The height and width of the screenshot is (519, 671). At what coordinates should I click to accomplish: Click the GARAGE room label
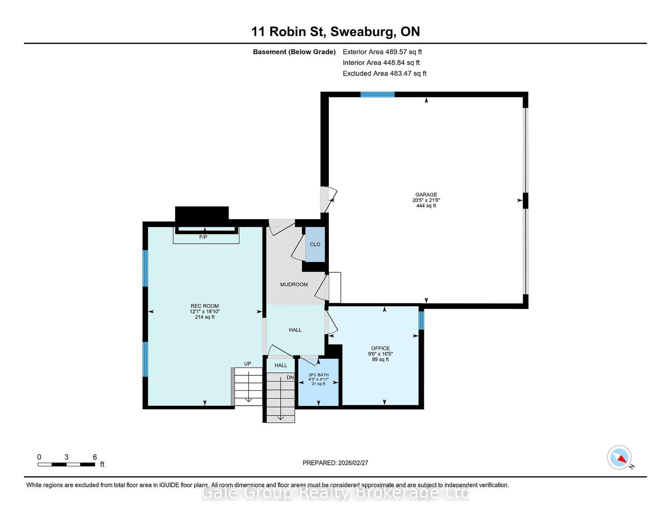pos(426,195)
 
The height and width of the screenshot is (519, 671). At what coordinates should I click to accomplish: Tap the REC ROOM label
pos(204,306)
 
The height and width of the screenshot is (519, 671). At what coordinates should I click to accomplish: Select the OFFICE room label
pos(380,348)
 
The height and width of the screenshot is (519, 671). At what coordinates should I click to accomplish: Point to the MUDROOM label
pos(294,284)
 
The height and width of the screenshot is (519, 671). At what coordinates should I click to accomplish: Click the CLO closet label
pos(315,244)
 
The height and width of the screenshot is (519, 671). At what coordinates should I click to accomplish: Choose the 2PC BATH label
pos(318,375)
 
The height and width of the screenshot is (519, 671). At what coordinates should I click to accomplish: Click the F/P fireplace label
pos(203,237)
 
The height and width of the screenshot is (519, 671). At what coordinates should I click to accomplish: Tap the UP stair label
pos(247,364)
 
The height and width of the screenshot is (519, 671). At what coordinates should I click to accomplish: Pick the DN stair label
pos(290,377)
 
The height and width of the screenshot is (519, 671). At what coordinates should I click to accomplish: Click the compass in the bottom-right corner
pos(619,457)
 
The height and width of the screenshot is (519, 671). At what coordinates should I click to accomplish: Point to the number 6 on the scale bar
pos(95,457)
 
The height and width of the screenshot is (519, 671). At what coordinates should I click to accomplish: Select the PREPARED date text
pos(335,463)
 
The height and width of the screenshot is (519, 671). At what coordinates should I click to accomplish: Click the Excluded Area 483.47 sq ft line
pos(385,73)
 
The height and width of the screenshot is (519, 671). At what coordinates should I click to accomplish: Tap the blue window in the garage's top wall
pos(377,94)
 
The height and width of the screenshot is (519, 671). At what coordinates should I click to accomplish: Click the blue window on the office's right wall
pos(421,320)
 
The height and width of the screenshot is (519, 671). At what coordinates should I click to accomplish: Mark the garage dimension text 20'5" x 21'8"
pos(426,200)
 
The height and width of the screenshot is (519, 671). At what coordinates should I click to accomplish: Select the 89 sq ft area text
pos(380,359)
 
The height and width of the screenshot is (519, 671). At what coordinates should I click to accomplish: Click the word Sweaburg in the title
pos(362,31)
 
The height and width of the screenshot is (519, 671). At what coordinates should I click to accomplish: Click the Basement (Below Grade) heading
pos(294,52)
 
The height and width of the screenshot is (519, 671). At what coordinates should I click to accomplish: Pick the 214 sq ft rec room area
pos(204,317)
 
